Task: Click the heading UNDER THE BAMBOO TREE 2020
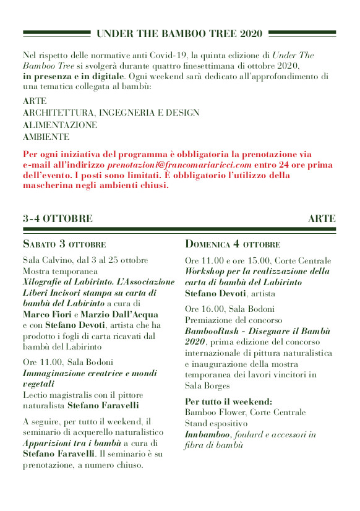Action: (x=179, y=33)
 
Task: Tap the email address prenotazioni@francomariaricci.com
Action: (x=179, y=165)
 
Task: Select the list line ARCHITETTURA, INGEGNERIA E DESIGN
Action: (x=111, y=113)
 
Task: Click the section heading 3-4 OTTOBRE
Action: (x=58, y=218)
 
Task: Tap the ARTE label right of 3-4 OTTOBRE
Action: (x=322, y=218)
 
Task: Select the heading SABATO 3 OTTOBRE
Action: (x=64, y=244)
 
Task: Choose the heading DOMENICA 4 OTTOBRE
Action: (x=233, y=244)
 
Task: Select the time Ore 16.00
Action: (x=204, y=309)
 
